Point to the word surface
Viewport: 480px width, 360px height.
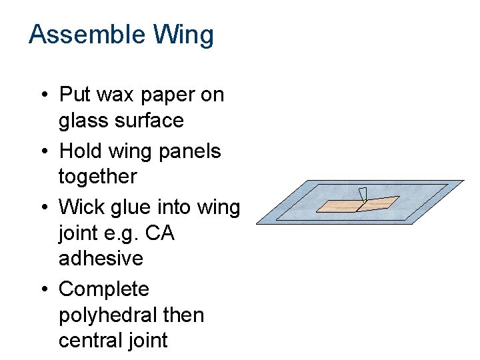pyautogui.click(x=150, y=121)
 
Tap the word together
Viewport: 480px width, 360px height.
pyautogui.click(x=97, y=177)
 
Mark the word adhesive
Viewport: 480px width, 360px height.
pyautogui.click(x=101, y=258)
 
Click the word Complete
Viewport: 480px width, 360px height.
pyautogui.click(x=104, y=289)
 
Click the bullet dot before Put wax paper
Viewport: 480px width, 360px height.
pyautogui.click(x=42, y=95)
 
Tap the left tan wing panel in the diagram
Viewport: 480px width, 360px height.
pyautogui.click(x=339, y=205)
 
